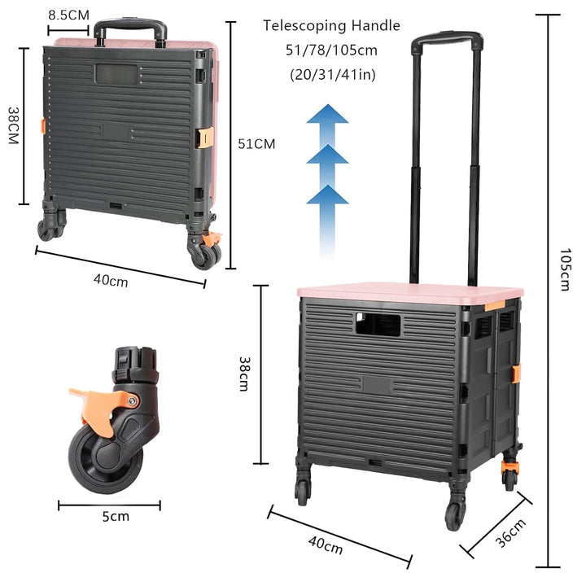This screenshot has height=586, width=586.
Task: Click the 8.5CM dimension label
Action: coord(68,15)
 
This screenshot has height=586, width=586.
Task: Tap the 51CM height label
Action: coord(256,144)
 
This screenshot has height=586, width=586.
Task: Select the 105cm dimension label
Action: coord(565,269)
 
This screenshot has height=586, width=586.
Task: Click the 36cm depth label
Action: coord(511,532)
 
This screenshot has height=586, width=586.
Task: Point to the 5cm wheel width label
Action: coord(116,517)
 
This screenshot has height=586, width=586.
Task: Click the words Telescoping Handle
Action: coord(331,26)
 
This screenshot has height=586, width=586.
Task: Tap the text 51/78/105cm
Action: coord(331,50)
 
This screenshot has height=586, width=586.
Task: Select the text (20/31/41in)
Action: coord(333,75)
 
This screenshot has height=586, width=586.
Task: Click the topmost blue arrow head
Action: coord(327,114)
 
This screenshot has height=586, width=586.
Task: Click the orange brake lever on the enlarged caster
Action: coord(99,408)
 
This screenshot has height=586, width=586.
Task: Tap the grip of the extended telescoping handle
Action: coord(447,39)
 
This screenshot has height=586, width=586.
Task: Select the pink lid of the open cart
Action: coord(410,291)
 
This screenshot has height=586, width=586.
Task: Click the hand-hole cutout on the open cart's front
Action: coord(378,325)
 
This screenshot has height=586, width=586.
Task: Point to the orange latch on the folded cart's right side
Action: coord(206,138)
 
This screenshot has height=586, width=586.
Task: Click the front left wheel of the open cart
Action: coord(302,492)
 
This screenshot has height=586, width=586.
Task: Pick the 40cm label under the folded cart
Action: coord(111,280)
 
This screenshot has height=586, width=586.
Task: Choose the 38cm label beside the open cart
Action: coord(244,374)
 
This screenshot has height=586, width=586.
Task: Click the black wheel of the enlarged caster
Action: coord(106,461)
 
